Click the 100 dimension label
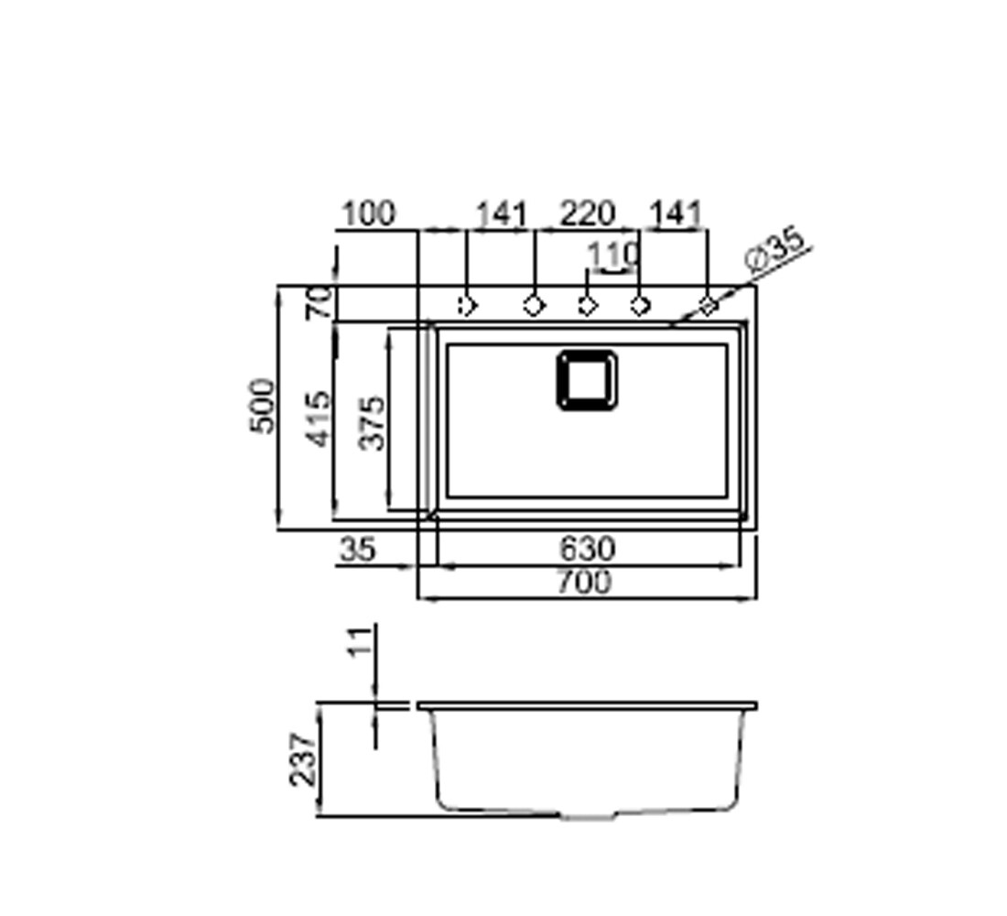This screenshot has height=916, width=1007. pyautogui.click(x=369, y=214)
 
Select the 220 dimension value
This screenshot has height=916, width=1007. pyautogui.click(x=589, y=214)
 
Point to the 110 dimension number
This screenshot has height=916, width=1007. pyautogui.click(x=614, y=256)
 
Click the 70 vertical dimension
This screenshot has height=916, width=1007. pyautogui.click(x=319, y=303)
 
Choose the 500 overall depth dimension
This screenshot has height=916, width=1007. pyautogui.click(x=262, y=407)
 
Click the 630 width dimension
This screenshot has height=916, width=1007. pyautogui.click(x=588, y=549)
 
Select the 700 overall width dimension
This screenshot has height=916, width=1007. pyautogui.click(x=584, y=583)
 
